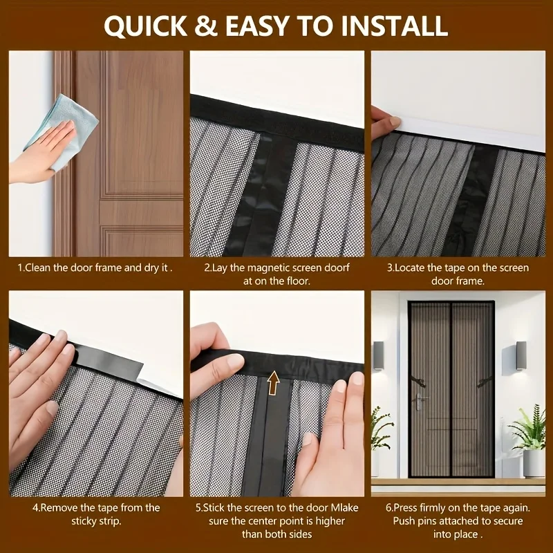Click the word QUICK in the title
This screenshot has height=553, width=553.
coord(145,26)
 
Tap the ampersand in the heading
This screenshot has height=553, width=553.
coord(206,26)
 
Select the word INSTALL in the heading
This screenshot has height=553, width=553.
coord(394,26)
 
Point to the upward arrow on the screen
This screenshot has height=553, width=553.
coord(273,382)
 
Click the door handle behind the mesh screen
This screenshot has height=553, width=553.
coord(420,400)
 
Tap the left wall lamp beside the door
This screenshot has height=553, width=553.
coord(378,355)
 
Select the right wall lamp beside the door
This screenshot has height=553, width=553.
coord(521,355)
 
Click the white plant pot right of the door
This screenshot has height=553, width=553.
coord(534,463)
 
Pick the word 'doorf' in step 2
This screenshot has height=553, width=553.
coord(337,268)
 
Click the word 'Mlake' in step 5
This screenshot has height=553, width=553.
coord(344,507)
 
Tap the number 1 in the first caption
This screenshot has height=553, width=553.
coord(20,268)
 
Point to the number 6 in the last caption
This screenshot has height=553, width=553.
coord(388,507)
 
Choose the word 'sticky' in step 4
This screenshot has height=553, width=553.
coord(84,521)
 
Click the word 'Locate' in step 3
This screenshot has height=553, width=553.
coord(410,268)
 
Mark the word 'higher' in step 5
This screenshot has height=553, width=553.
coord(330,521)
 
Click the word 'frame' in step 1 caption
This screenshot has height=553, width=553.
coord(107,268)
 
